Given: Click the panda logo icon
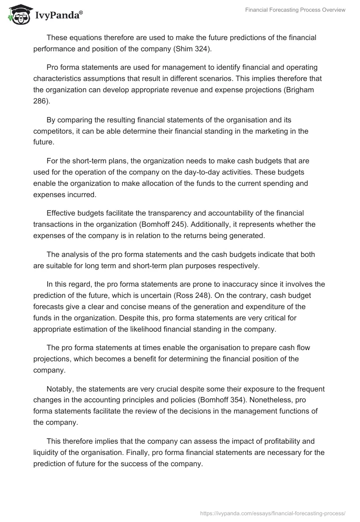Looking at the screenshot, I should point(18,15).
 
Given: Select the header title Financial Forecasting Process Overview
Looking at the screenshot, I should point(295,10).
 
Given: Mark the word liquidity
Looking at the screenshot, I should point(47,452).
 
